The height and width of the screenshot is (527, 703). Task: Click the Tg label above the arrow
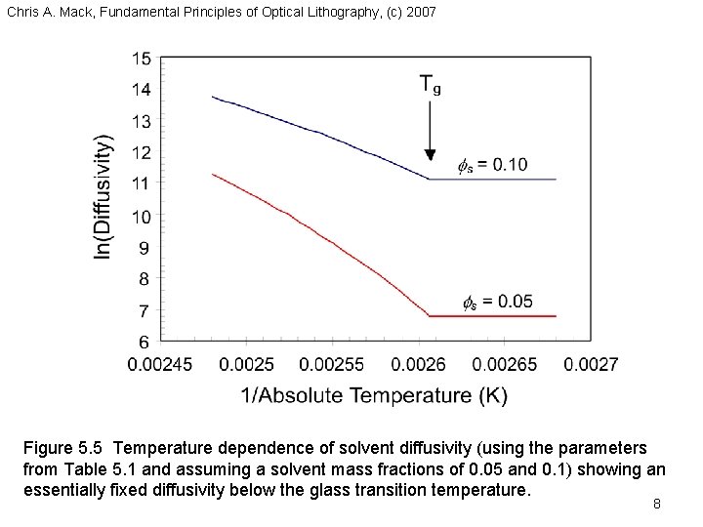coord(430,85)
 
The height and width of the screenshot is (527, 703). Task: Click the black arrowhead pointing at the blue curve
coord(429,154)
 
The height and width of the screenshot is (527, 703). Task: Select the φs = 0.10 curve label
coord(493,164)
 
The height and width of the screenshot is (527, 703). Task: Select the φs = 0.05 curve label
coord(498,301)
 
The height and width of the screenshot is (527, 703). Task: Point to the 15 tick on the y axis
coord(142,59)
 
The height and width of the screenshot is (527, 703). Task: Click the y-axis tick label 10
coord(142,217)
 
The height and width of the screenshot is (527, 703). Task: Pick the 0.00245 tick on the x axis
coord(162,364)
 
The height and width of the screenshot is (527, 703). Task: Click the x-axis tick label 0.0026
coord(418,364)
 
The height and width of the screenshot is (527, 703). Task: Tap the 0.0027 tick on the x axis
coord(592,364)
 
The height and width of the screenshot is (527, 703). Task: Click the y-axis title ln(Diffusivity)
coord(103,198)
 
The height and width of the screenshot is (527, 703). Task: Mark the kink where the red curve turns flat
coord(430,316)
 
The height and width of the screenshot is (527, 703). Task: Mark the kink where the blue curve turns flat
coord(430,179)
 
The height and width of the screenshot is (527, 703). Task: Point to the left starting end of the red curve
coord(212,175)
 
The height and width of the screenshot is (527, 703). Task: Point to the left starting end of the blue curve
coord(212,97)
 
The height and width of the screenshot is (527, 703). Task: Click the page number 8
coord(657,505)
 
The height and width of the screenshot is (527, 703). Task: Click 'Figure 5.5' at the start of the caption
coord(63,448)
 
